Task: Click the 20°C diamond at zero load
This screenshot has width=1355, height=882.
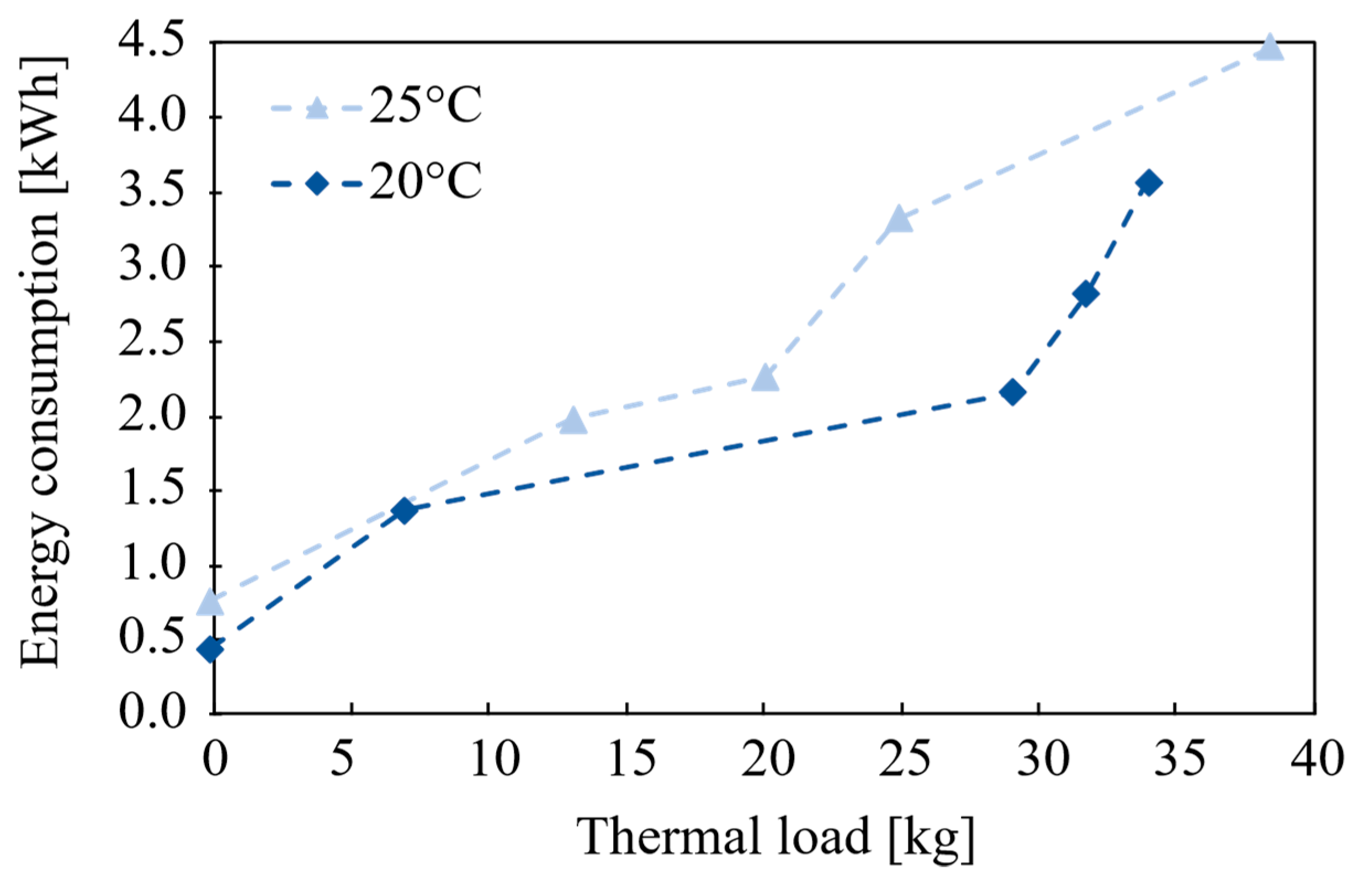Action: [210, 649]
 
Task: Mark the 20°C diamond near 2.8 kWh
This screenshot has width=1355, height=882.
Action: [1085, 294]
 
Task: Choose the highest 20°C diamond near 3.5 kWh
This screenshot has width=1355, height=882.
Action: [1149, 183]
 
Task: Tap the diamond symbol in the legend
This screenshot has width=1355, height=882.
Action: [317, 183]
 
